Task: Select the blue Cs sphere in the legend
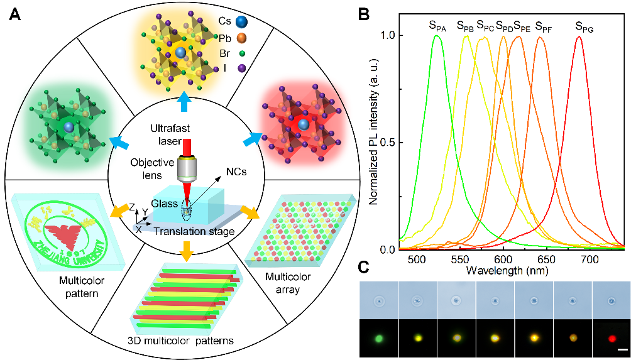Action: (242, 22)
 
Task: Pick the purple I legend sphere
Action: (242, 67)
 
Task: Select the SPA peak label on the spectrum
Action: (437, 26)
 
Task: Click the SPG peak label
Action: (584, 26)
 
